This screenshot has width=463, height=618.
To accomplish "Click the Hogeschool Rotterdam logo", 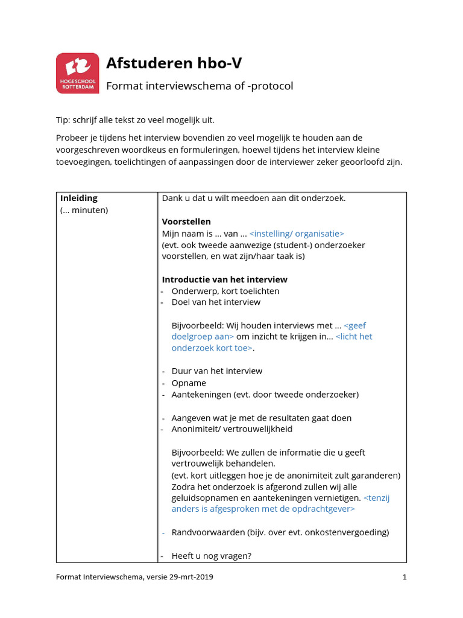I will point(77,73).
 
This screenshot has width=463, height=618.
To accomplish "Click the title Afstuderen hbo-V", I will point(174,63).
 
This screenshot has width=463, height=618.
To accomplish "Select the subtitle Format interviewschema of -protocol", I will point(200,86).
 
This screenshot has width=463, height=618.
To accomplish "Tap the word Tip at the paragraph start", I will point(63,120).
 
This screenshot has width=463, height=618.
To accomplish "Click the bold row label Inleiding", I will point(79,199).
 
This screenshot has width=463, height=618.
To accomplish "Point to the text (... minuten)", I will point(84,211).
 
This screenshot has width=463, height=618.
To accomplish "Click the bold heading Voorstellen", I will point(186,221).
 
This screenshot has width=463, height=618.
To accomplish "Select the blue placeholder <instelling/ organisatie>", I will point(297,234).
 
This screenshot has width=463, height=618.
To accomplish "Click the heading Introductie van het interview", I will point(224,279).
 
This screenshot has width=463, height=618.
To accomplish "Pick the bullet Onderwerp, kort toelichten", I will point(225,291).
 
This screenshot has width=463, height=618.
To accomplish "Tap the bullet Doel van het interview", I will point(216,302).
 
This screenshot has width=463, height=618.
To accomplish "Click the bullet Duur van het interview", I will point(217,371).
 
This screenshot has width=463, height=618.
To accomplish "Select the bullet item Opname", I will point(189,383).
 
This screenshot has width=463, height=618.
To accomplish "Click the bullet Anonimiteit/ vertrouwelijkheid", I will point(231,429).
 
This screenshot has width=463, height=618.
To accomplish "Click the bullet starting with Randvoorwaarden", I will point(280,532).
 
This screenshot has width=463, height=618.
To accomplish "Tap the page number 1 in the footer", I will point(405,577).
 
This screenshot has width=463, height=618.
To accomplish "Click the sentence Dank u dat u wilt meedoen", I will point(254,199).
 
